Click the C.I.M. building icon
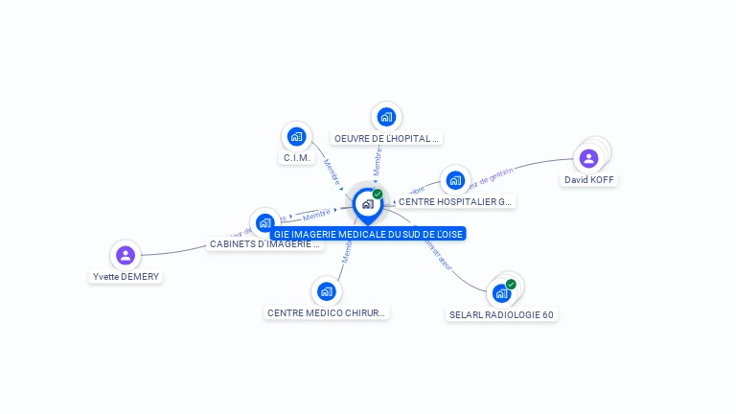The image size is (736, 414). (296, 136)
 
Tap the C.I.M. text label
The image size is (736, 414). (297, 157)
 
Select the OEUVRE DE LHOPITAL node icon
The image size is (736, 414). (386, 117)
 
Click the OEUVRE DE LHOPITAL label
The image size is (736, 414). (386, 138)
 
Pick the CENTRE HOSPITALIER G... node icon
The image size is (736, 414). (455, 180)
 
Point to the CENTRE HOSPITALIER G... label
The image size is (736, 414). (455, 202)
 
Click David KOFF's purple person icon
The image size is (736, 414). (588, 158)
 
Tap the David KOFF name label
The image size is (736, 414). (589, 179)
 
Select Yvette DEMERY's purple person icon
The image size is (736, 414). (125, 255)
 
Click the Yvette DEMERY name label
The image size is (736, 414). (126, 277)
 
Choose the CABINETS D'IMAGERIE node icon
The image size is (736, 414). (264, 223)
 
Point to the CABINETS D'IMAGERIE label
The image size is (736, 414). (265, 244)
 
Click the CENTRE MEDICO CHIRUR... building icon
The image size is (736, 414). (327, 291)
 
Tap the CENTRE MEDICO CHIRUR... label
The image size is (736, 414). (327, 313)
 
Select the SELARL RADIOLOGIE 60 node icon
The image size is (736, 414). (501, 292)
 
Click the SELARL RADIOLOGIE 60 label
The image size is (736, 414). (502, 314)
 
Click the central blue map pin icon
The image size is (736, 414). (367, 204)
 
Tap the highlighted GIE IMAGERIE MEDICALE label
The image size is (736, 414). (368, 234)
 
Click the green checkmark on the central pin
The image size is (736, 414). (378, 194)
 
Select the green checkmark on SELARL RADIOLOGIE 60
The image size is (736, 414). (511, 284)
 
